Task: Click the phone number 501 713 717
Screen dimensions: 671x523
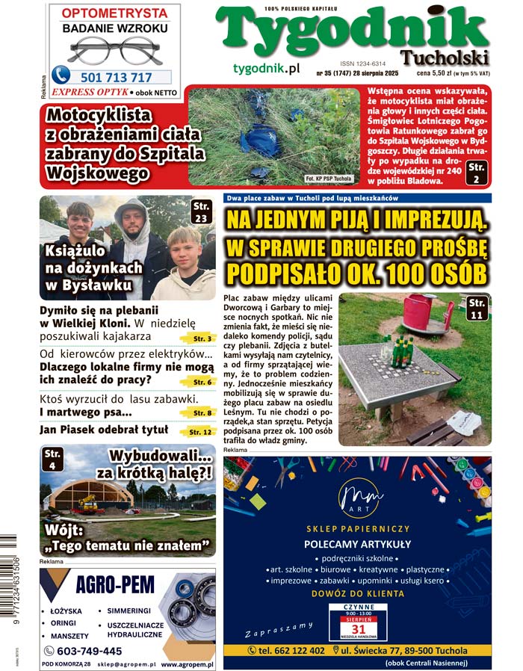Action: (116, 77)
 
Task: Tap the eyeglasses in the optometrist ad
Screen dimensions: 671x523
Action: (114, 50)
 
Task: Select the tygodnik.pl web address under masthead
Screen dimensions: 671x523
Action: (266, 68)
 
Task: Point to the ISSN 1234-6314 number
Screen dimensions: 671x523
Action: (362, 64)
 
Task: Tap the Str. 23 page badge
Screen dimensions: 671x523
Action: (200, 211)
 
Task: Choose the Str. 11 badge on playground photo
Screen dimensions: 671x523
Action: (475, 308)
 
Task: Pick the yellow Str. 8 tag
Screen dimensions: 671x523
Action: (200, 412)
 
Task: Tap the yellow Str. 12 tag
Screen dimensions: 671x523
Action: (199, 432)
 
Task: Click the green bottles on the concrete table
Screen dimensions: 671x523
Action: (400, 350)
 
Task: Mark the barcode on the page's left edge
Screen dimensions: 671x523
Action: (10, 594)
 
